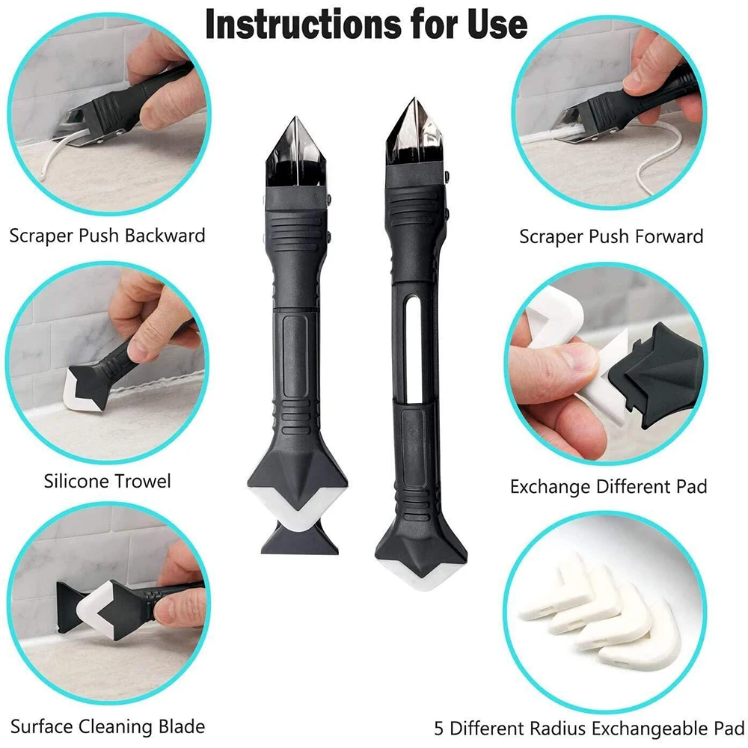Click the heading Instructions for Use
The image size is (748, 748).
(x=366, y=25)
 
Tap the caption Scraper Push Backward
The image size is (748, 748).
(x=107, y=236)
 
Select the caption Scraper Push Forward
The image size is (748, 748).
(x=611, y=237)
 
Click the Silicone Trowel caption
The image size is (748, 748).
(x=107, y=481)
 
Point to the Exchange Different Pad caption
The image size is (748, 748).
(x=608, y=487)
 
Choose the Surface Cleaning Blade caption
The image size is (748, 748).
(x=107, y=726)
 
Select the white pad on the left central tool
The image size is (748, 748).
(x=294, y=509)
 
